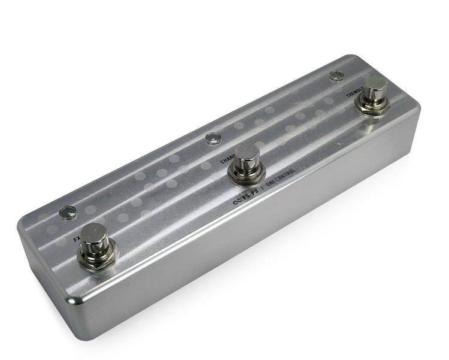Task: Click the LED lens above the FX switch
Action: pyautogui.click(x=67, y=212)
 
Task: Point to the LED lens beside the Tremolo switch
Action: pyautogui.click(x=336, y=76)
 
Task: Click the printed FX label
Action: pyautogui.click(x=76, y=238)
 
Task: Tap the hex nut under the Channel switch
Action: pyautogui.click(x=247, y=176)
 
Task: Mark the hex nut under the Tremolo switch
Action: pyautogui.click(x=372, y=106)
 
